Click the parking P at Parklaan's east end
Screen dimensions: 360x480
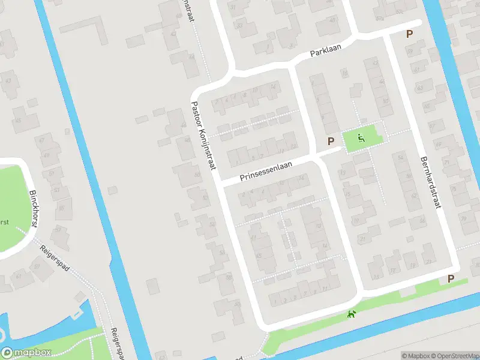coord(410,35)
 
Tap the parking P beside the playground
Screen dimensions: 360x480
coord(330,141)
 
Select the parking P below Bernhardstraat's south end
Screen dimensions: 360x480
coord(451,278)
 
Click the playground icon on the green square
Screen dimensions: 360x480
coord(361,138)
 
